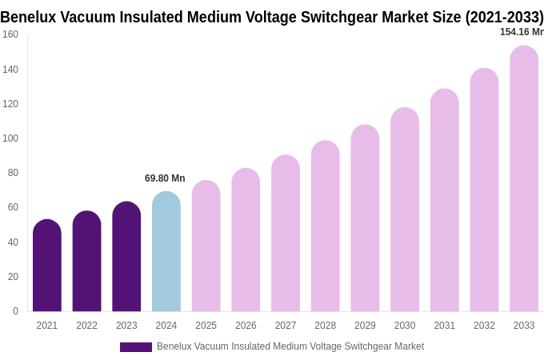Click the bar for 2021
click(47, 266)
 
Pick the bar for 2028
click(326, 226)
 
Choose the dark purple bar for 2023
click(126, 257)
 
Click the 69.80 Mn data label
click(165, 178)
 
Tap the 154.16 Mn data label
click(522, 32)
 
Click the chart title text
click(272, 17)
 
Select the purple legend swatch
click(136, 347)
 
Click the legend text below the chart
click(290, 346)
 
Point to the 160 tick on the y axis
click(10, 34)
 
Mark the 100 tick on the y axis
click(10, 138)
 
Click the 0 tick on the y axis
click(15, 311)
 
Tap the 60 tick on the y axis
click(13, 207)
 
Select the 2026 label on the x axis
click(246, 326)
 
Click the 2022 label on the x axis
click(86, 326)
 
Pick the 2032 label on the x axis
click(484, 326)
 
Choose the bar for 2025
click(206, 246)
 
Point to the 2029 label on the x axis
click(365, 326)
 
